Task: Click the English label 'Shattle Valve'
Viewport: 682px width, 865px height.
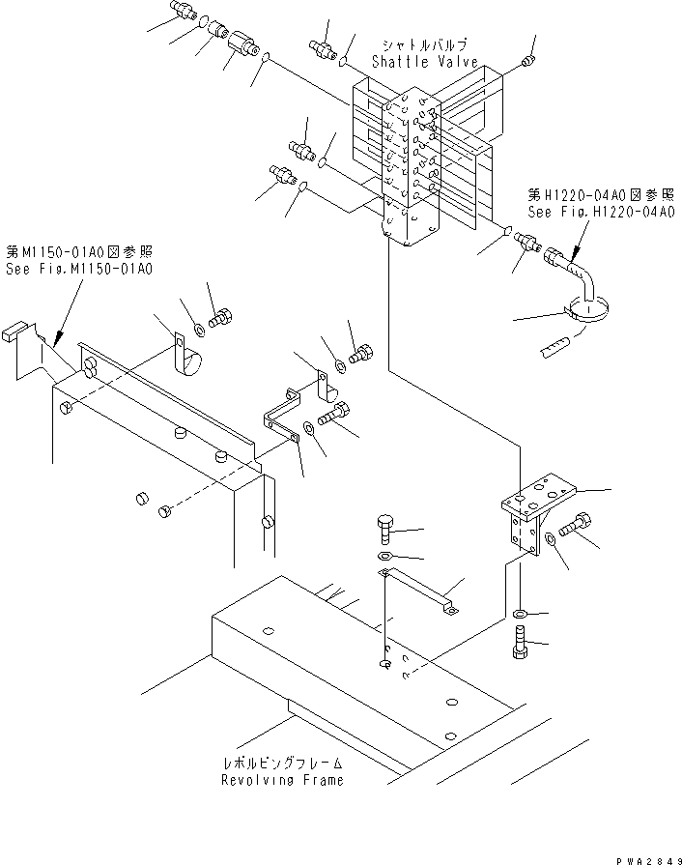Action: click(425, 61)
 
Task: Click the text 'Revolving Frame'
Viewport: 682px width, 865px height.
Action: click(282, 780)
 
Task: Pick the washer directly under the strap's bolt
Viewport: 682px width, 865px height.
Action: click(384, 558)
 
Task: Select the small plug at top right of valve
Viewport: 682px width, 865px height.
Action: click(526, 62)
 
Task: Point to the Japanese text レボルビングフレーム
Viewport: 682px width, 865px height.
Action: click(282, 764)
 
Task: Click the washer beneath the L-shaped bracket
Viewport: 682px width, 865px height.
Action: click(521, 613)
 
